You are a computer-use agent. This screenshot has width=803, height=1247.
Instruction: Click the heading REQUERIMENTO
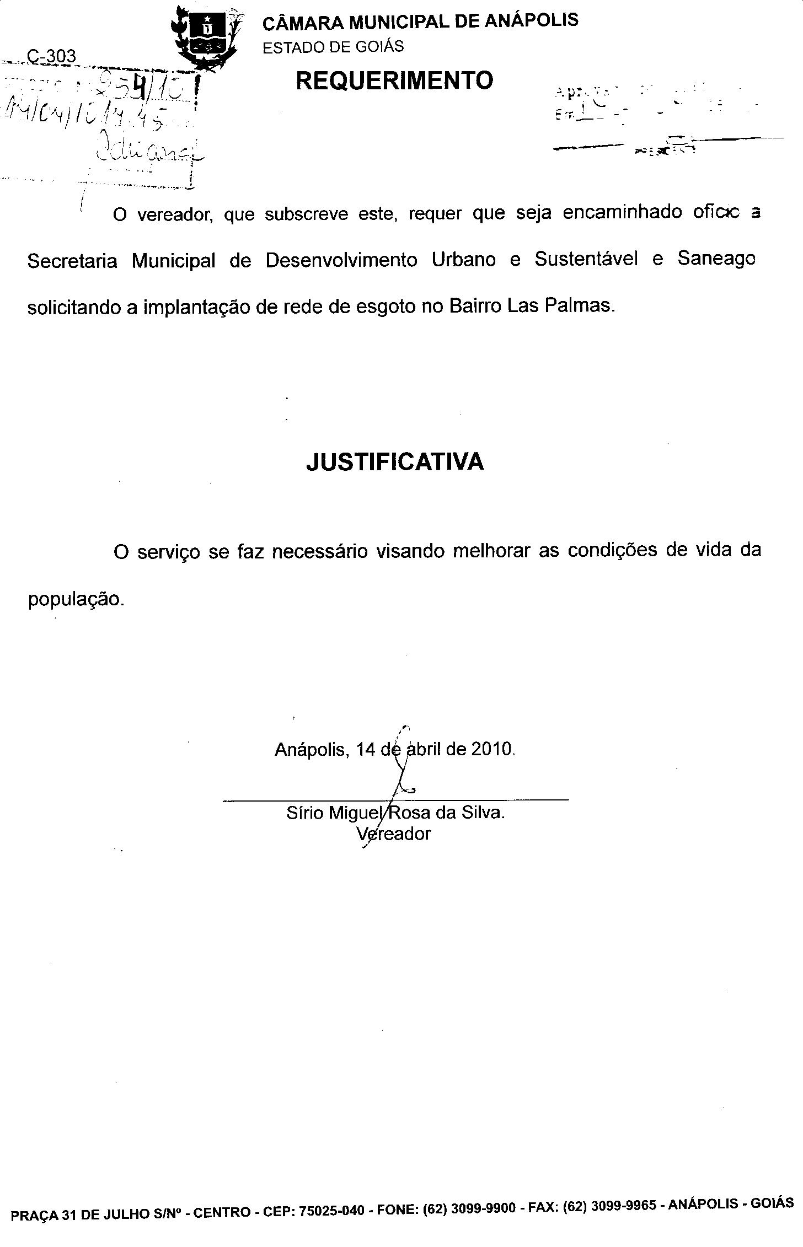[x=394, y=80]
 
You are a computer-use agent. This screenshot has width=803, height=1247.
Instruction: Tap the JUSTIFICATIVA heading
[x=395, y=461]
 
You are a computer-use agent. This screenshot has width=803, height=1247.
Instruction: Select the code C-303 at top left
[x=51, y=56]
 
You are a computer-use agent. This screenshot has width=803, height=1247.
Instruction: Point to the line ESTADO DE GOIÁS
[x=333, y=47]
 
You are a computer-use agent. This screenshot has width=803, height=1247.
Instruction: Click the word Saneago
[x=716, y=259]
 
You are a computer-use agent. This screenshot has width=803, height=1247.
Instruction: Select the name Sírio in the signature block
[x=304, y=813]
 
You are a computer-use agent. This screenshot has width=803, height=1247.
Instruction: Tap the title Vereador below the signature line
[x=393, y=834]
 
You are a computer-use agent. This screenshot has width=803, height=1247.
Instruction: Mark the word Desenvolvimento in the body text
[x=341, y=260]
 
